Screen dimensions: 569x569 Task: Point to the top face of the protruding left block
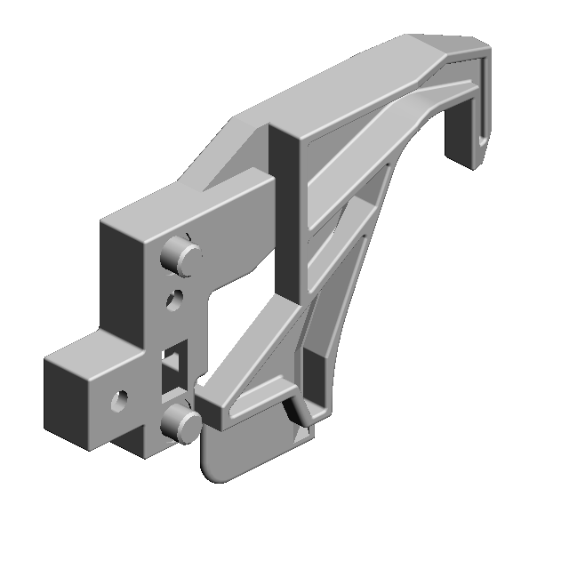coord(89,356)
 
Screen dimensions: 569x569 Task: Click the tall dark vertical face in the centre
coord(287,213)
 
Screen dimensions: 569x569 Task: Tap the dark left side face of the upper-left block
coord(118,276)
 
